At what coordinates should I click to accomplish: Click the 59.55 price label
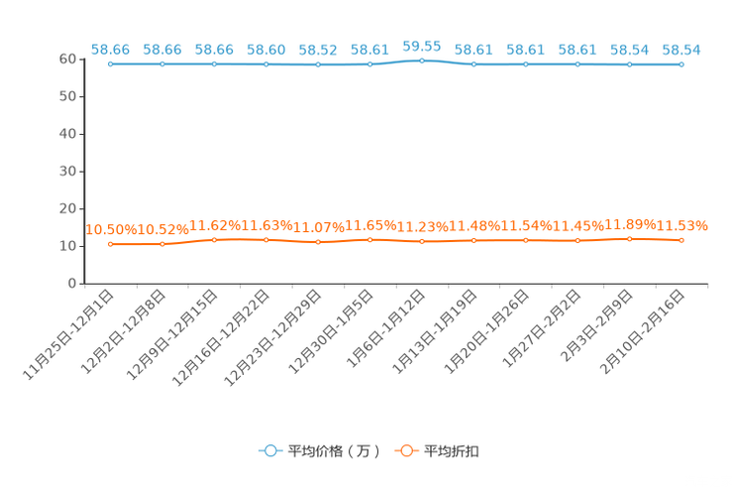tap(422, 47)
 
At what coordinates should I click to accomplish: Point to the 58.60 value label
tap(266, 50)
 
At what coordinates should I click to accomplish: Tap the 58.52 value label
tap(318, 50)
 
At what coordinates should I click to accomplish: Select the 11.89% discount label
tap(630, 224)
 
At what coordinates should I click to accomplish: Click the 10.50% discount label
tap(111, 230)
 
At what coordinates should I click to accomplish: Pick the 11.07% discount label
tap(319, 228)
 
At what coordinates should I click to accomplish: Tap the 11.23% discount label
tap(423, 227)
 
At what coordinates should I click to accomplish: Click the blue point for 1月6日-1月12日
tap(422, 61)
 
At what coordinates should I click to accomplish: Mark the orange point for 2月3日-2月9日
tap(629, 239)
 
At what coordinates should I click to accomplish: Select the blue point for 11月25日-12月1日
tap(111, 64)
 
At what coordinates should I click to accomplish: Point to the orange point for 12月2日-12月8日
tap(162, 244)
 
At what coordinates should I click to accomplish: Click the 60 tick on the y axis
tap(67, 59)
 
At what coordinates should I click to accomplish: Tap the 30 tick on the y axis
tap(67, 172)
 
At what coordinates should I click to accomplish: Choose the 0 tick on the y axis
tap(72, 284)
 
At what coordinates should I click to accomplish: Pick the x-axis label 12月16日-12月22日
tap(221, 338)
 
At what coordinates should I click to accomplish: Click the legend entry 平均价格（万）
tap(319, 451)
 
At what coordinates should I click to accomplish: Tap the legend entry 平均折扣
tap(437, 451)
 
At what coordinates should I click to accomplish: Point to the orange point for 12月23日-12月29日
tap(318, 242)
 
